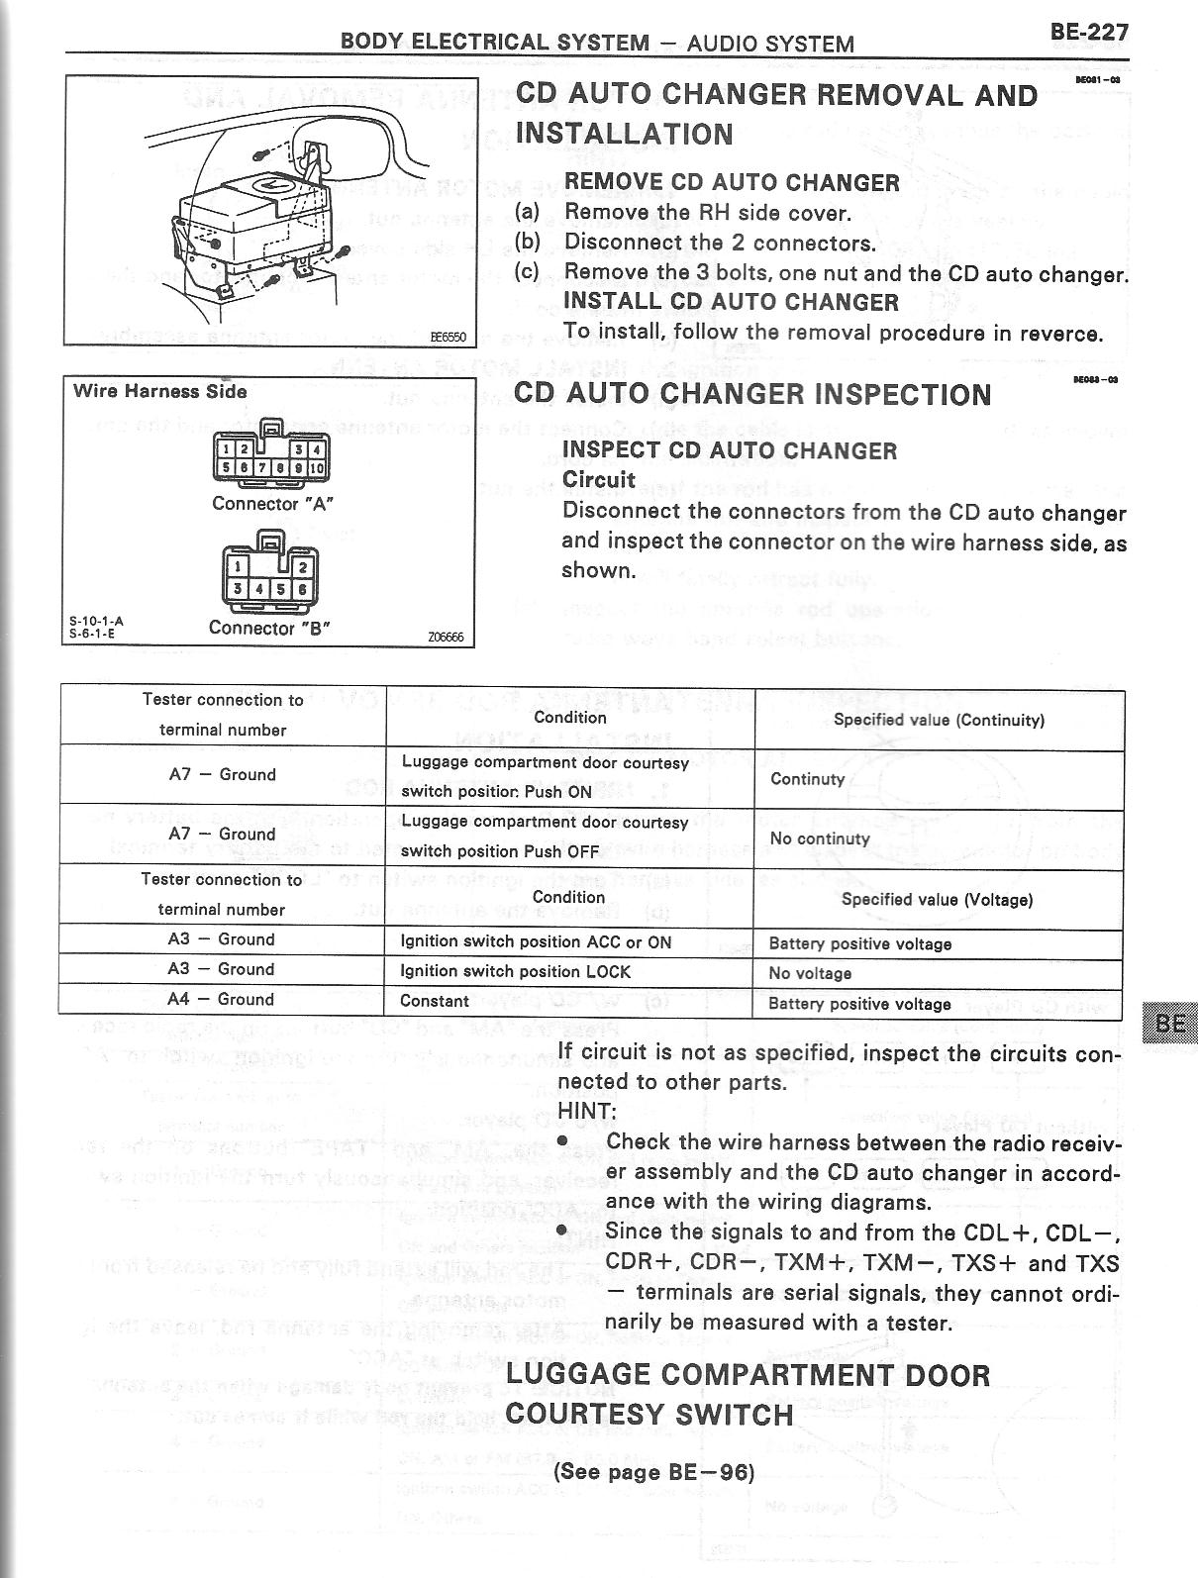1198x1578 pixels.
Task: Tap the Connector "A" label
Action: click(272, 503)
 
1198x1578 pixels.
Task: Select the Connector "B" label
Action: click(269, 628)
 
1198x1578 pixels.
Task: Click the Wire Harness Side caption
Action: click(159, 391)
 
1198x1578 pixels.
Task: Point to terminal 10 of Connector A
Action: click(317, 467)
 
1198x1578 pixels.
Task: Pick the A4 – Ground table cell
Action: click(222, 1000)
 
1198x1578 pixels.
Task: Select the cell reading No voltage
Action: click(809, 973)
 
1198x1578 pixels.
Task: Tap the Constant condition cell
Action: click(435, 1001)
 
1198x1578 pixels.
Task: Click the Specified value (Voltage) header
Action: click(937, 900)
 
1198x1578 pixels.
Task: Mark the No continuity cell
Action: click(820, 838)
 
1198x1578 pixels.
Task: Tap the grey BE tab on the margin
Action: click(1169, 1023)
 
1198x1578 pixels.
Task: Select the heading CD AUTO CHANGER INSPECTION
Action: click(752, 394)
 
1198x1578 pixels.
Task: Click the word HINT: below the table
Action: click(587, 1112)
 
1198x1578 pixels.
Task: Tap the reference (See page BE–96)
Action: click(654, 1471)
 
